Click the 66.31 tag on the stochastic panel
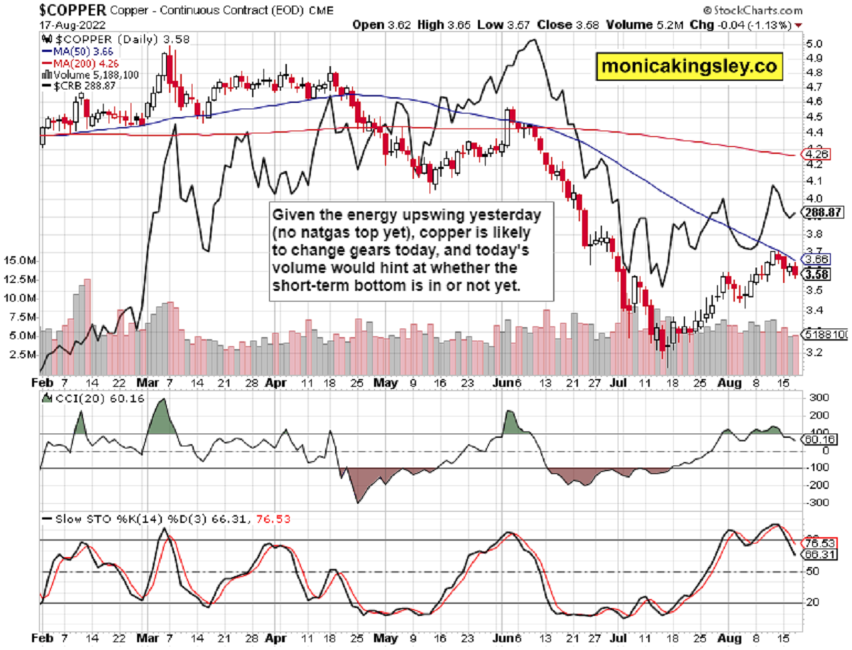click(x=816, y=554)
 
